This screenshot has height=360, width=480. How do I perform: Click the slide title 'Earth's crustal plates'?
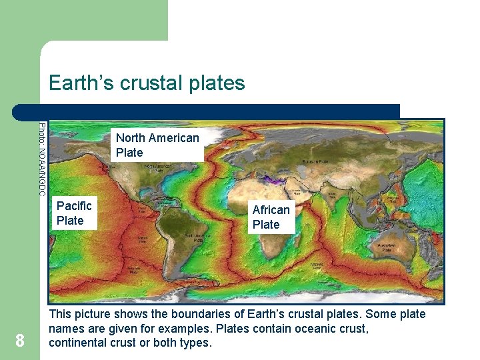pyautogui.click(x=147, y=83)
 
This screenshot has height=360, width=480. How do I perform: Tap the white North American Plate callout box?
pyautogui.click(x=157, y=145)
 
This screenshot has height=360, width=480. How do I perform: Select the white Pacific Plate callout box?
pyautogui.click(x=74, y=213)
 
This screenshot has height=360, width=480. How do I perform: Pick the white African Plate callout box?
pyautogui.click(x=271, y=217)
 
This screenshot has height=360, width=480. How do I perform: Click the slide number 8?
pyautogui.click(x=20, y=341)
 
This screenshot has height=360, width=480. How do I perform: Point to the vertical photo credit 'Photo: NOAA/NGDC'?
pyautogui.click(x=42, y=159)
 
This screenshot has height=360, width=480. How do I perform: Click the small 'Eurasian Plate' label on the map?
pyautogui.click(x=314, y=162)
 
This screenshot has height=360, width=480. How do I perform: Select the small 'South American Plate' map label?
pyautogui.click(x=198, y=236)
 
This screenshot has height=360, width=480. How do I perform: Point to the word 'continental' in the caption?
pyautogui.click(x=77, y=343)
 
